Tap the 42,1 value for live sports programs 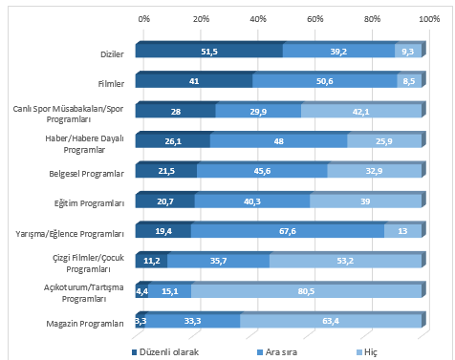coord(360,113)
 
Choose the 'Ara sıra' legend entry coord(286,350)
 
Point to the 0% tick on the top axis coord(143,18)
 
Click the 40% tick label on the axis coord(257,18)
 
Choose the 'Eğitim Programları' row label coord(92,203)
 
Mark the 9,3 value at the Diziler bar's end coord(408,52)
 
